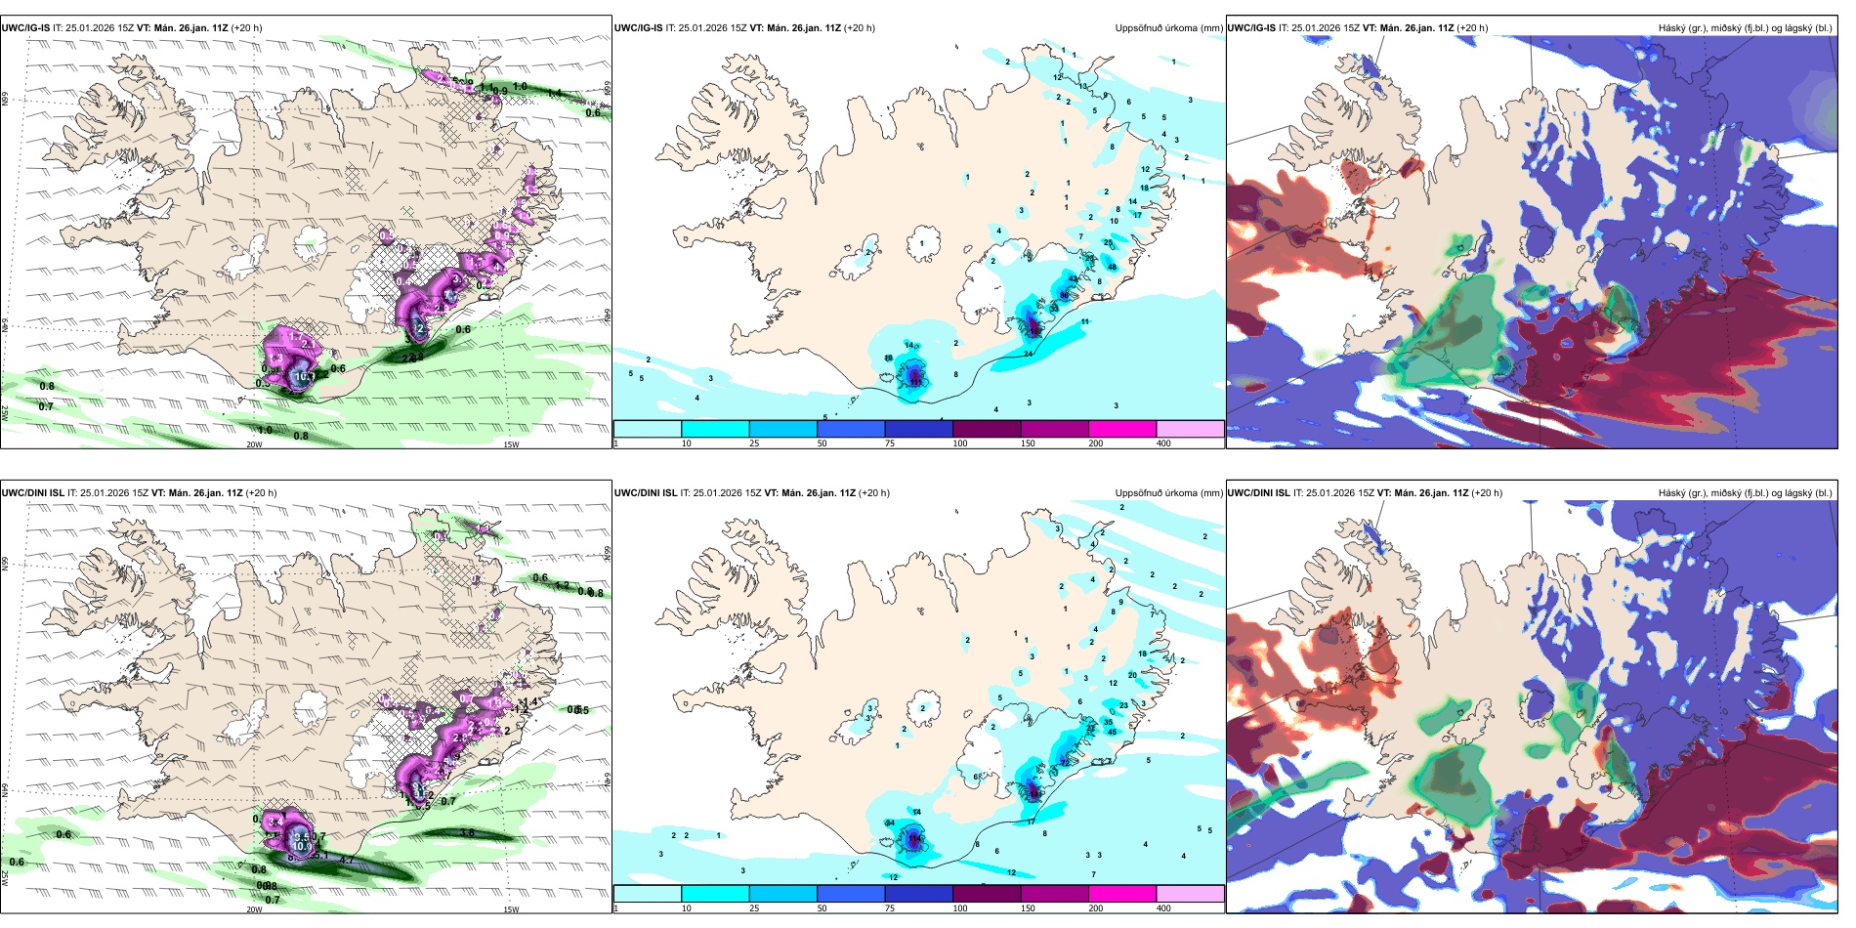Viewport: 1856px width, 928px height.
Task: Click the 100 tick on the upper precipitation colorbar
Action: point(960,443)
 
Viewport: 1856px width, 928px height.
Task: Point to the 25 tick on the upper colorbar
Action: point(754,443)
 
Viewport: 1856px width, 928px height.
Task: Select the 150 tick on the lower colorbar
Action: point(1028,908)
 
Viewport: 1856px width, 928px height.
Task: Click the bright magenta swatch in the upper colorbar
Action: point(1122,429)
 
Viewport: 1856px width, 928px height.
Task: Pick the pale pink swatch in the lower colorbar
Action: point(1190,894)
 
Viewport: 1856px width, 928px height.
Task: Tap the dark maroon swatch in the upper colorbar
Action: point(987,429)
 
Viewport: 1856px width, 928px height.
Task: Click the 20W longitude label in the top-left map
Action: point(254,444)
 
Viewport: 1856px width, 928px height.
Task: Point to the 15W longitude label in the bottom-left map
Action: point(511,909)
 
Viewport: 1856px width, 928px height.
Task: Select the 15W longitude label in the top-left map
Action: point(511,444)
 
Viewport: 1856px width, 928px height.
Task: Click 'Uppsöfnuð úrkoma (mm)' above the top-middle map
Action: point(1168,28)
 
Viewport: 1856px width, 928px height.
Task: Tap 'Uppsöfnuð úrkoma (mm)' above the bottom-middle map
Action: point(1168,493)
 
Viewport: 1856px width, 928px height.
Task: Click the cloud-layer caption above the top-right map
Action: point(1745,28)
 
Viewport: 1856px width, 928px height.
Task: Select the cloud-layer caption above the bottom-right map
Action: point(1745,493)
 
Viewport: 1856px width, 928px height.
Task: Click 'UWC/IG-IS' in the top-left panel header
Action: point(25,28)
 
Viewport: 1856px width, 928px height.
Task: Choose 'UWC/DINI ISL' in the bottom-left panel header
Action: point(32,493)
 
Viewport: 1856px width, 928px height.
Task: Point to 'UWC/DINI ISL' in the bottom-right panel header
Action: point(1259,493)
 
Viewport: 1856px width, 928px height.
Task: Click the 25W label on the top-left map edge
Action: point(5,414)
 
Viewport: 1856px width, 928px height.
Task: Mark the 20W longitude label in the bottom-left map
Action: point(254,909)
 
